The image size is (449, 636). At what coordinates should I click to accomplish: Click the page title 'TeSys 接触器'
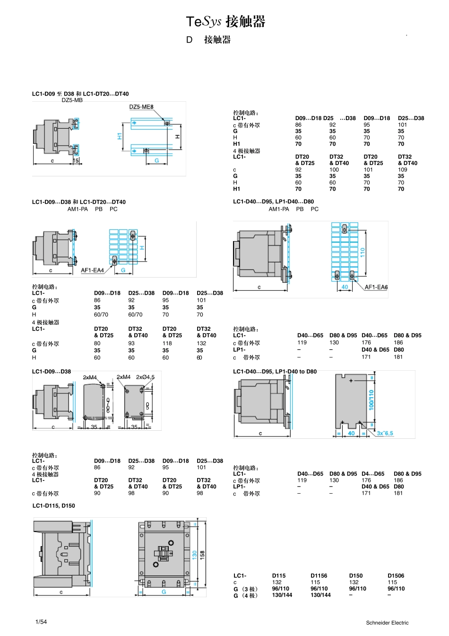pyautogui.click(x=225, y=22)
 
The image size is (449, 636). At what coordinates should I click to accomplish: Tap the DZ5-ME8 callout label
pyautogui.click(x=141, y=107)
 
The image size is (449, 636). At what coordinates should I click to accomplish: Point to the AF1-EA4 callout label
pyautogui.click(x=93, y=270)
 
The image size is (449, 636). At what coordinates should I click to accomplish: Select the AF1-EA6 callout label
pyautogui.click(x=376, y=287)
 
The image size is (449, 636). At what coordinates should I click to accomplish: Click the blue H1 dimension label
pyautogui.click(x=120, y=136)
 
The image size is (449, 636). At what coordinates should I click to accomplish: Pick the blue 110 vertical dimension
pyautogui.click(x=363, y=253)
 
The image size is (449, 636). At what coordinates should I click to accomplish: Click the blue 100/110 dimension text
pyautogui.click(x=371, y=400)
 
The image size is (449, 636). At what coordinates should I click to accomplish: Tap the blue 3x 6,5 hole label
pyautogui.click(x=385, y=433)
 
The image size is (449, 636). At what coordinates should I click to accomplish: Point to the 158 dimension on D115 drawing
pyautogui.click(x=202, y=555)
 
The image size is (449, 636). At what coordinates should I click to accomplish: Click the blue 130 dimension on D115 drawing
pyautogui.click(x=194, y=555)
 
